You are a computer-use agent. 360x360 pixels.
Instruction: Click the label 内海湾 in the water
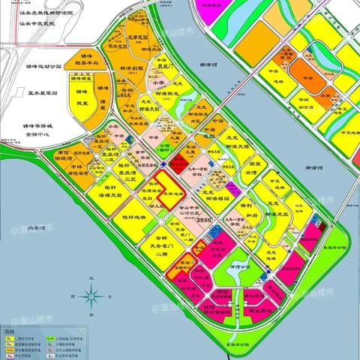tap(34, 228)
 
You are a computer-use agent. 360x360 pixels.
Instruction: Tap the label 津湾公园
tap(241, 265)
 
